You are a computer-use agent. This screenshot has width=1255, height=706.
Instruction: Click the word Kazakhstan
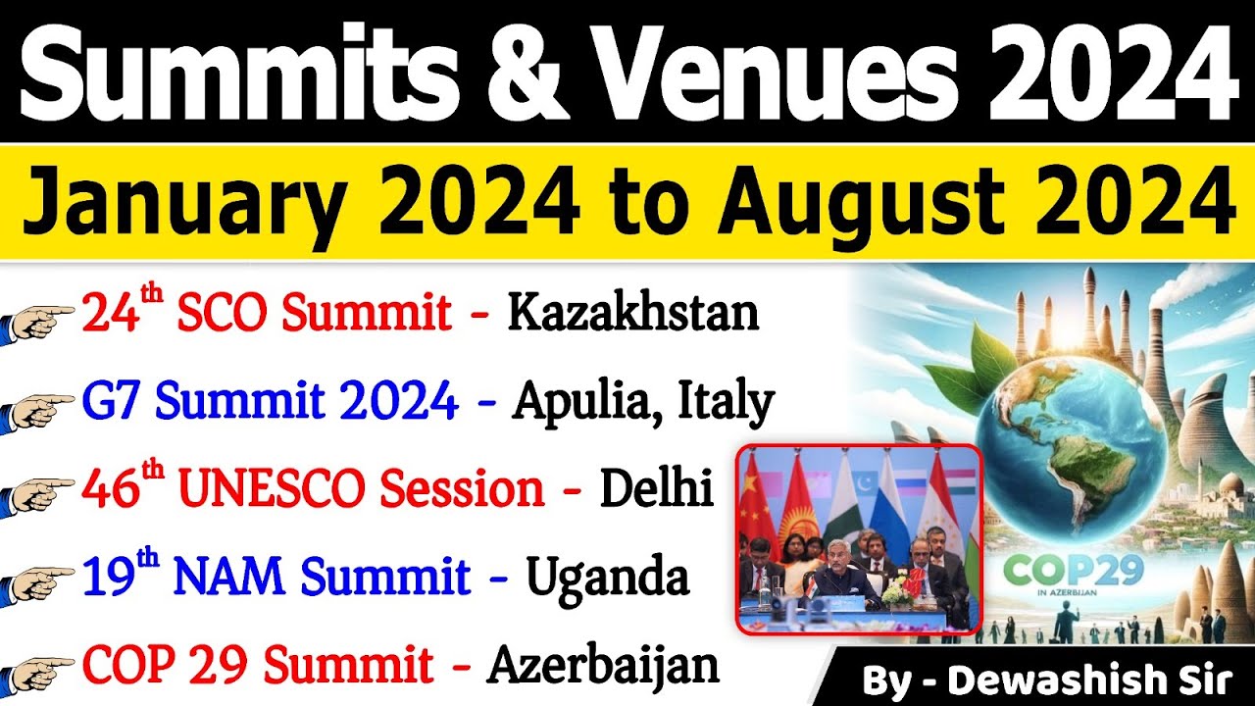632,314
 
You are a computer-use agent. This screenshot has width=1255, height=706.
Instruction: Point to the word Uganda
608,578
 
